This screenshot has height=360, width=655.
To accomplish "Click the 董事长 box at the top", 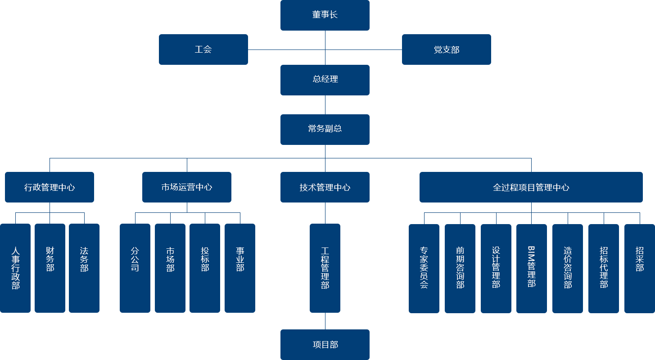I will [325, 15].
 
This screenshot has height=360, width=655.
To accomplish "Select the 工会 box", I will [203, 49].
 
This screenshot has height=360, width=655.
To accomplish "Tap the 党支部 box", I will [446, 49].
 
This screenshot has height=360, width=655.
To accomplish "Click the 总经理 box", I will [325, 80].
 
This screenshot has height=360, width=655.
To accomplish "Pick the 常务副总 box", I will [325, 129].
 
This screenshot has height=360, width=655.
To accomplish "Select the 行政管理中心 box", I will [49, 187].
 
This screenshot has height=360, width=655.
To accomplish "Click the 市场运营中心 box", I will [186, 187].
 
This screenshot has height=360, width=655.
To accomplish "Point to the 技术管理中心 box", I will [325, 187].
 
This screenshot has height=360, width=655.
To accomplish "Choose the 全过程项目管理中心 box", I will [531, 187].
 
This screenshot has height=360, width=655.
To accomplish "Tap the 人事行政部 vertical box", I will [15, 268].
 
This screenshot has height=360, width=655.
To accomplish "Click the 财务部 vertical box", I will [50, 268].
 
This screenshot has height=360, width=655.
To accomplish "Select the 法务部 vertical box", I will [84, 268].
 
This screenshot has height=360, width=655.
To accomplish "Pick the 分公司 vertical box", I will [135, 268].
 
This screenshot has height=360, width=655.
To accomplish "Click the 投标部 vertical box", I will [204, 268].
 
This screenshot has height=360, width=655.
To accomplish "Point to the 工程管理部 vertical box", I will [325, 268].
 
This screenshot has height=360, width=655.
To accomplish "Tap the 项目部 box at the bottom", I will [325, 344].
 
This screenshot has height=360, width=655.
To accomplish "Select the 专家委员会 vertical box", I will [424, 268].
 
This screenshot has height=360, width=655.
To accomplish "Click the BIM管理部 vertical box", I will [531, 268].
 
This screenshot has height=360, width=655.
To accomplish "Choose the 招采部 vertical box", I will [639, 268].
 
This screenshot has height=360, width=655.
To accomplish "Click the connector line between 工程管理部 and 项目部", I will [325, 321].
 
